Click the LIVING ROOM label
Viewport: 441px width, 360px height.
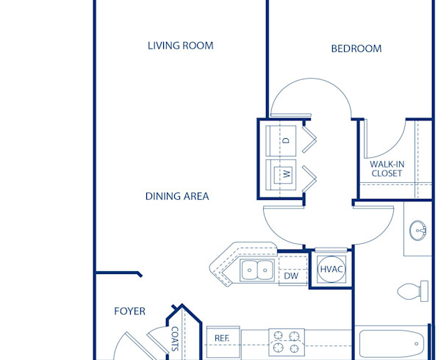pyautogui.click(x=180, y=46)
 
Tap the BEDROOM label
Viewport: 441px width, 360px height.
pyautogui.click(x=356, y=48)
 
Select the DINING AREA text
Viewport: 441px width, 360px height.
pyautogui.click(x=177, y=196)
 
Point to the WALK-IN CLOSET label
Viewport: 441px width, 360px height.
pyautogui.click(x=386, y=168)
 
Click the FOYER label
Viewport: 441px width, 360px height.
pyautogui.click(x=129, y=312)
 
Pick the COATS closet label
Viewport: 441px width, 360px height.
pyautogui.click(x=175, y=339)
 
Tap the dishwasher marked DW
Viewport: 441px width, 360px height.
pyautogui.click(x=291, y=276)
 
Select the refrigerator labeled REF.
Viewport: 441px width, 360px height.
pyautogui.click(x=223, y=338)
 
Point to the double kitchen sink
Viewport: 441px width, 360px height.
pyautogui.click(x=257, y=270)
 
